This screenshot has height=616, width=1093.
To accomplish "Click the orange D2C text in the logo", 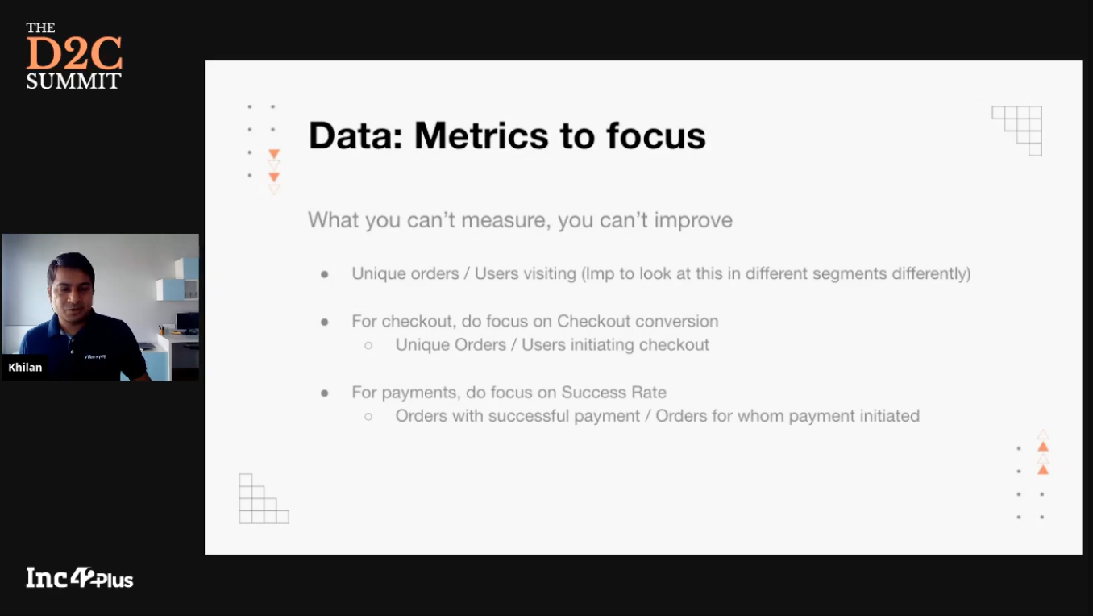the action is click(74, 52).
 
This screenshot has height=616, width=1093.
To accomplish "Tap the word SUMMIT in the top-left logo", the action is click(73, 81).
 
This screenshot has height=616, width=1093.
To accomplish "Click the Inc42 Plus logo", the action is click(80, 578).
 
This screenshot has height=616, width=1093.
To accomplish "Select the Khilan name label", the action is click(25, 367).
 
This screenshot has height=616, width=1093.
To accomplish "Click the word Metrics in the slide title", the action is click(480, 135).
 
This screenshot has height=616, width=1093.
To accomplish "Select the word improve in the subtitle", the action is click(693, 221).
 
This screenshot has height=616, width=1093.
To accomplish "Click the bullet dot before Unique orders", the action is click(325, 274).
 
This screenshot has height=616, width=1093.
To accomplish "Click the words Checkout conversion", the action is click(638, 321).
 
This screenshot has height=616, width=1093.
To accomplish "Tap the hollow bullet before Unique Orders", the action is click(368, 346).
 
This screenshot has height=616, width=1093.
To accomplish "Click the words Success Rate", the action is click(614, 393).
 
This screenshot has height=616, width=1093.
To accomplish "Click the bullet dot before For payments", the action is click(325, 393).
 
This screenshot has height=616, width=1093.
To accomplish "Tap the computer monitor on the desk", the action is click(187, 322).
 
